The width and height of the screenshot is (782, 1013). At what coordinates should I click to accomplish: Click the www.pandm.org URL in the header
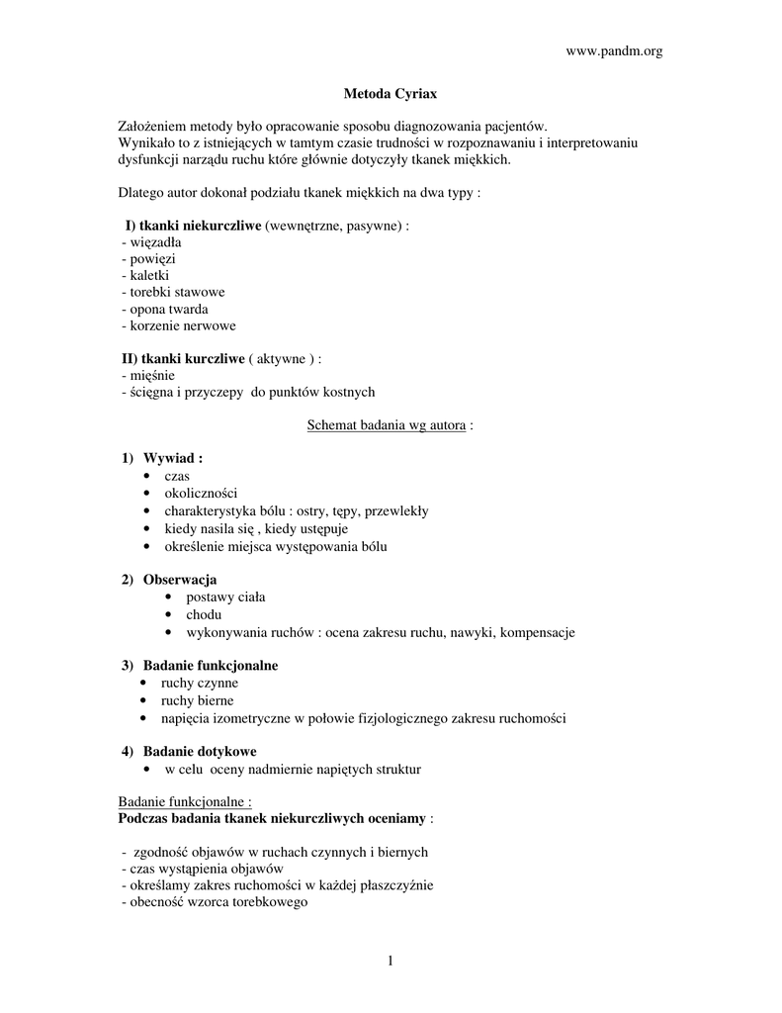(613, 51)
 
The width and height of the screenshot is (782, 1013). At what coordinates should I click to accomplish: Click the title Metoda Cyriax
(390, 94)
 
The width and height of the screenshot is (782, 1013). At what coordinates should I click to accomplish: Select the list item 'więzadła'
(150, 241)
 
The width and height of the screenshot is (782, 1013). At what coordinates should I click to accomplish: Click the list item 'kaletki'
(145, 275)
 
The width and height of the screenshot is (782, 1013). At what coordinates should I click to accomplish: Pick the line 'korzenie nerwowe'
(178, 325)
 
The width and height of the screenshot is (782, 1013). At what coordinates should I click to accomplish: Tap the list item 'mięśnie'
(147, 375)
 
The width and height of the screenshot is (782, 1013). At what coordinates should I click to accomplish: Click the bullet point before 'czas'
(147, 477)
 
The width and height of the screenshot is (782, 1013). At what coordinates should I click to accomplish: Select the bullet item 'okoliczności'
(201, 493)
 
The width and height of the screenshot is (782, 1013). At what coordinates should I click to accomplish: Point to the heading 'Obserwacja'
(180, 580)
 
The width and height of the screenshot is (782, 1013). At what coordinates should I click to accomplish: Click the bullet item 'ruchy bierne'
(198, 700)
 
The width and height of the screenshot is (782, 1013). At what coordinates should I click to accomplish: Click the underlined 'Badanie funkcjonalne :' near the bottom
(185, 802)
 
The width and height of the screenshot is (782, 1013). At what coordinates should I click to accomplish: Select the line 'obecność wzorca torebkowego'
(214, 902)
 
